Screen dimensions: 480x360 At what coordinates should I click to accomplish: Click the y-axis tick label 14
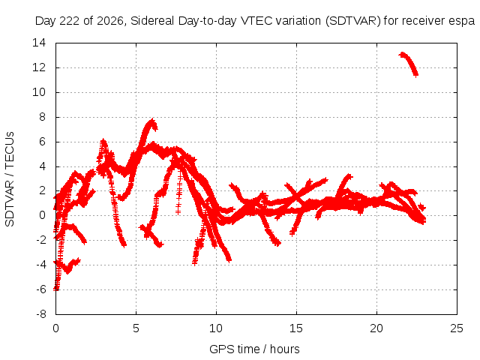pos(39,43)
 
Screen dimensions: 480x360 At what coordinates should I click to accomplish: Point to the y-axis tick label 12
pos(39,67)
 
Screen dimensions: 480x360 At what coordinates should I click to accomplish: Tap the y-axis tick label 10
pos(39,92)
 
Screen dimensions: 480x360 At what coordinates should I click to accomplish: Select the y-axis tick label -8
pos(40,314)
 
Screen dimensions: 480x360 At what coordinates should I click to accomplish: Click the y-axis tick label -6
pos(40,289)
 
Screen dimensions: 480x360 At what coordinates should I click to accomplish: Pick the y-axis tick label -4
pos(40,265)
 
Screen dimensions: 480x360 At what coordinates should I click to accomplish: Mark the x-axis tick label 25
pos(457,328)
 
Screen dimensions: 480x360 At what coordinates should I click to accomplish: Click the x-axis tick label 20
pos(376,328)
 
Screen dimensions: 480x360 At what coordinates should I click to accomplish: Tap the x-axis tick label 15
pos(296,328)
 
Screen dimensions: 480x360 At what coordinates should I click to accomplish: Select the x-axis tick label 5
pos(136,328)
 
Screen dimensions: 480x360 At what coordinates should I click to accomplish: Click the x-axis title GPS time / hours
pos(254,349)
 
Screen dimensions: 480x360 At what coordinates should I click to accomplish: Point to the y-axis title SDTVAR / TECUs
pos(10,179)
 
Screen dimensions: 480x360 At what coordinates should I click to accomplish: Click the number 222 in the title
pos(70,21)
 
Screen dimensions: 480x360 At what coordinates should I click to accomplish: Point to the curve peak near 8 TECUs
pos(152,121)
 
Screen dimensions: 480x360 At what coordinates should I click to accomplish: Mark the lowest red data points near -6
pos(56,288)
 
